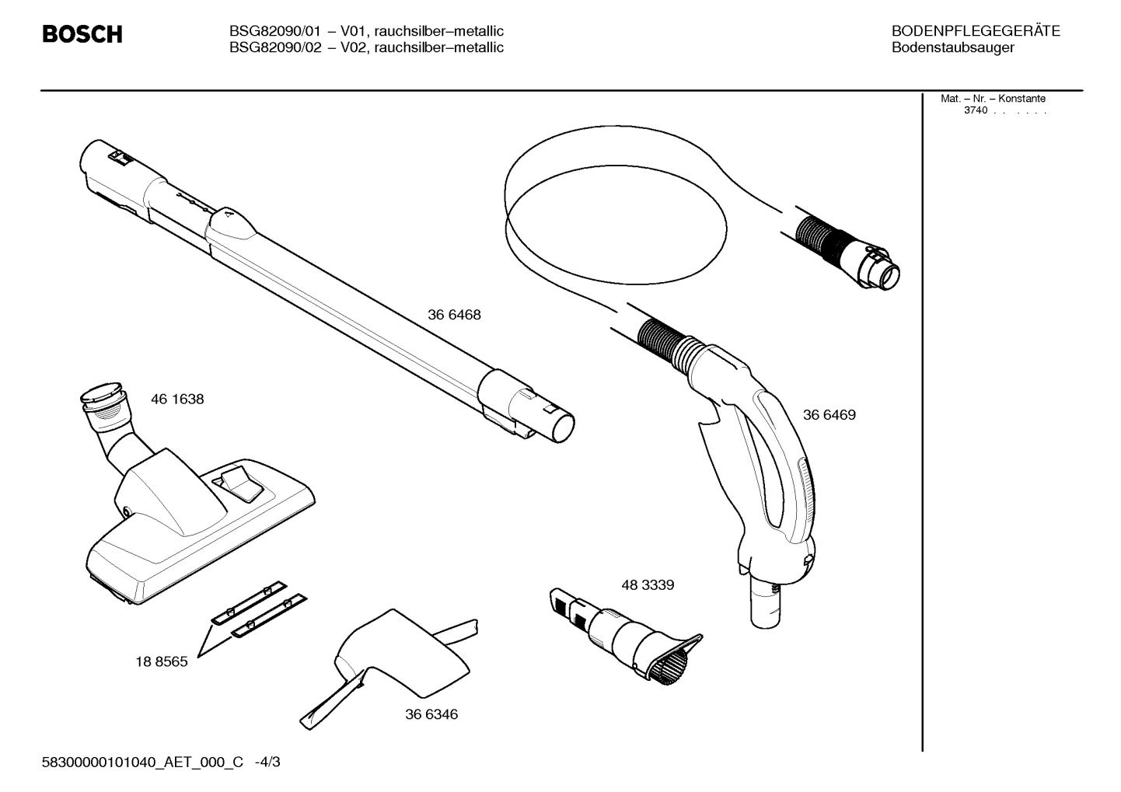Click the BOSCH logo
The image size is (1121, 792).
pyautogui.click(x=82, y=35)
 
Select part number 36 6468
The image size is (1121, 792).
pyautogui.click(x=454, y=315)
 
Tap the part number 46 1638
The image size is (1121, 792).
pyautogui.click(x=177, y=399)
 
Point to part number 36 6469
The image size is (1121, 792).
pyautogui.click(x=829, y=415)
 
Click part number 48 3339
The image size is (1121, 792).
pyautogui.click(x=647, y=585)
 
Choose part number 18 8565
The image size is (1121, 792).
pyautogui.click(x=161, y=662)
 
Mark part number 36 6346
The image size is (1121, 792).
pyautogui.click(x=431, y=714)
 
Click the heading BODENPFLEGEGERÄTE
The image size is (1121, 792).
pyautogui.click(x=975, y=31)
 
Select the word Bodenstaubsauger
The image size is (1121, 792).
pyautogui.click(x=952, y=47)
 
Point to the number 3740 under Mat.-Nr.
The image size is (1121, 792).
pyautogui.click(x=975, y=110)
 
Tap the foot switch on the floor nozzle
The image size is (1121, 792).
pyautogui.click(x=242, y=484)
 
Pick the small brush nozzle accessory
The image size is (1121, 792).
pyautogui.click(x=630, y=633)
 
